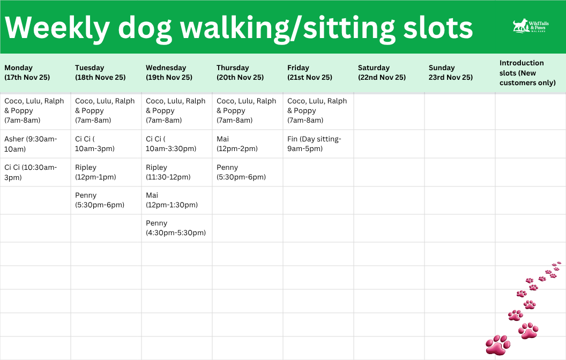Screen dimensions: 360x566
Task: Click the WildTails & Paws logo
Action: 529,27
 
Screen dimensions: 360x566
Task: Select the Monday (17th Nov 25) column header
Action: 27,72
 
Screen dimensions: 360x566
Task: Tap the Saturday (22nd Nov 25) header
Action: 382,72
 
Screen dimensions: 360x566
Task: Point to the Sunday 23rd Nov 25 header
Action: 450,72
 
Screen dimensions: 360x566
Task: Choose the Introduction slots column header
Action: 527,73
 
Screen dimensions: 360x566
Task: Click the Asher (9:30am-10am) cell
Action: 31,144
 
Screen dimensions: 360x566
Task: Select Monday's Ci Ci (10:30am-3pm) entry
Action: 31,172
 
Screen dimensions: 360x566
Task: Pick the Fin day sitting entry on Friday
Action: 314,144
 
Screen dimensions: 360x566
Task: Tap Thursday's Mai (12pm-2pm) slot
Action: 237,144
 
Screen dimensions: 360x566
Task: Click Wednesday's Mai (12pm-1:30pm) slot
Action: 172,200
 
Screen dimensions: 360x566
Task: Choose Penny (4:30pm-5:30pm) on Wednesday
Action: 175,228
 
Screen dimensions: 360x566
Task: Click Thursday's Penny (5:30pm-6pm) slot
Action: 241,172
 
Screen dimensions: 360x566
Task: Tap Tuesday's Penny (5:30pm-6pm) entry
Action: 99,200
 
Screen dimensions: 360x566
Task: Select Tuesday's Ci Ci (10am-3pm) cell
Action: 94,144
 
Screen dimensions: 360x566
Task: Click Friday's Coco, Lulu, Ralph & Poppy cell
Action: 317,110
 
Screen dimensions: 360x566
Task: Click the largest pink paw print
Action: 498,345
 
